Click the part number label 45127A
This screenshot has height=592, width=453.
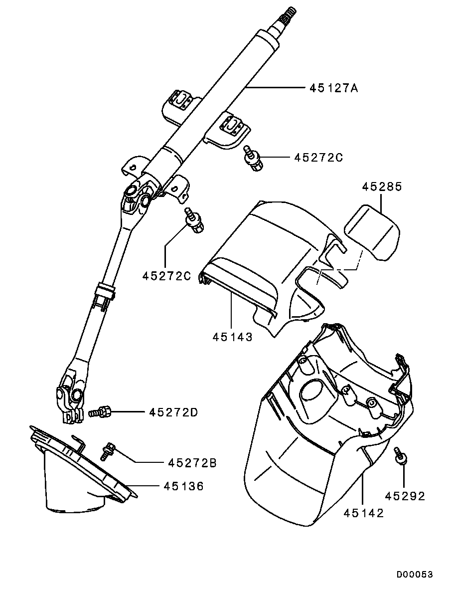pos(333,88)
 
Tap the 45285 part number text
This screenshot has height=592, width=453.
pos(382,187)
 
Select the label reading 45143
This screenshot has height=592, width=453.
pos(233,337)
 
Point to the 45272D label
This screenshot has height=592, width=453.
pos(173,412)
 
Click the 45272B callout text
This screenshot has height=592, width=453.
pos(192,463)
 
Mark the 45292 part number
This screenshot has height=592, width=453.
pos(405,496)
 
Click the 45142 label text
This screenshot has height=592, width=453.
pos(364,514)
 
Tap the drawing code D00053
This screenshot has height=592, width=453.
pos(415,575)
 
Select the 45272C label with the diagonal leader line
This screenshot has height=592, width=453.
pos(166,275)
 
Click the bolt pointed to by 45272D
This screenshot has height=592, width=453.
pos(100,412)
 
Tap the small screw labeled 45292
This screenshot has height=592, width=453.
pos(401,455)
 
